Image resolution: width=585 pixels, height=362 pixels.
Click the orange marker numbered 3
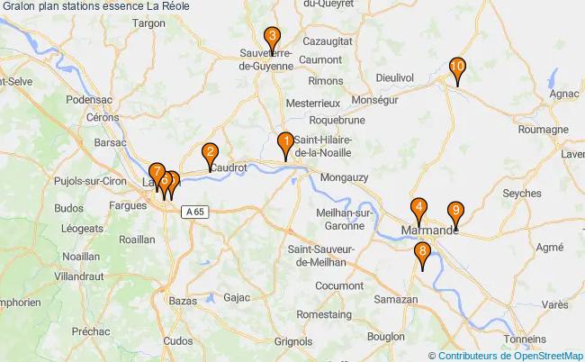click(x=271, y=38)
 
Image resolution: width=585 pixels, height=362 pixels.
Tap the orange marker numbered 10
click(x=457, y=67)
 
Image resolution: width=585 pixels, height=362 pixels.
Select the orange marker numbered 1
click(x=284, y=141)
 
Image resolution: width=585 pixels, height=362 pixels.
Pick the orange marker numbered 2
click(x=210, y=153)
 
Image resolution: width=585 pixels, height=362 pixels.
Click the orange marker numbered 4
click(x=419, y=207)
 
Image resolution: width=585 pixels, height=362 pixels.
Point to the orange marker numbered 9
click(x=455, y=212)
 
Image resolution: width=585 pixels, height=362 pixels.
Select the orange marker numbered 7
click(x=157, y=171)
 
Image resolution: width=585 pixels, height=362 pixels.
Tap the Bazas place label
click(x=182, y=298)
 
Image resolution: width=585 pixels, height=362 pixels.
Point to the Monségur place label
click(x=375, y=100)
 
